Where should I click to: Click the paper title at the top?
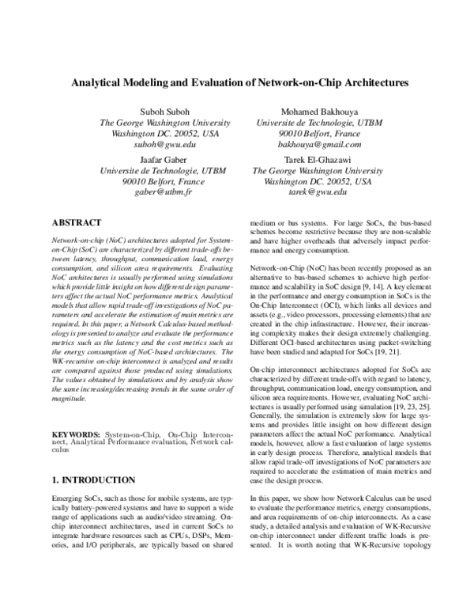(236, 81)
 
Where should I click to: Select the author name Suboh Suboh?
(164, 112)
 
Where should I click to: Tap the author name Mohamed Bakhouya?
(309, 112)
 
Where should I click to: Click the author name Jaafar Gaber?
(164, 159)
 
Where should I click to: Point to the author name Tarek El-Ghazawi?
(309, 159)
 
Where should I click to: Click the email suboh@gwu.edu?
(164, 146)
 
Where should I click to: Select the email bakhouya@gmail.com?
(309, 146)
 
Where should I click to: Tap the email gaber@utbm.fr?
(164, 192)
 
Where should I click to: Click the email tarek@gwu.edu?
(309, 192)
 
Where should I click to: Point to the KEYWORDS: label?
(76, 435)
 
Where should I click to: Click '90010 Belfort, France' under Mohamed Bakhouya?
(309, 135)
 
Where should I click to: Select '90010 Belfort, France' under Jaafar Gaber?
(164, 181)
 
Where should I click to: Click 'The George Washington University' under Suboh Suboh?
(164, 123)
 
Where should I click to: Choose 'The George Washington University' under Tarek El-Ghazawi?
(309, 170)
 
